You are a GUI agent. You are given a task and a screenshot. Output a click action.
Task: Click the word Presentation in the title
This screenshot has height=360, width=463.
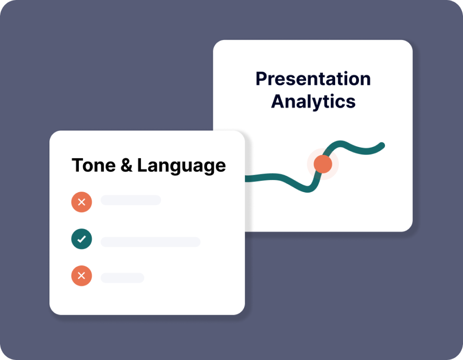tap(313, 79)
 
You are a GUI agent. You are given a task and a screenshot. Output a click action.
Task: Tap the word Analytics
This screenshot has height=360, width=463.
tap(313, 102)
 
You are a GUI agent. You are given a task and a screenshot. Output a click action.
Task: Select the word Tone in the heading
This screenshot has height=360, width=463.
tap(94, 165)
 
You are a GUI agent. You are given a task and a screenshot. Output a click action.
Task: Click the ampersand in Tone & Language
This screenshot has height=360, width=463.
tap(126, 165)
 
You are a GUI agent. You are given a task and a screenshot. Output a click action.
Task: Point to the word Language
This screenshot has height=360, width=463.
tap(181, 166)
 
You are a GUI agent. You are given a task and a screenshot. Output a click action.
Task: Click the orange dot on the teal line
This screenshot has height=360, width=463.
tap(323, 164)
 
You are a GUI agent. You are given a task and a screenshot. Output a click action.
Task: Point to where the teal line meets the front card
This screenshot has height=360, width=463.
tap(246, 179)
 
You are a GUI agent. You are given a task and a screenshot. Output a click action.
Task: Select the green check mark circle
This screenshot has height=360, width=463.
tap(82, 239)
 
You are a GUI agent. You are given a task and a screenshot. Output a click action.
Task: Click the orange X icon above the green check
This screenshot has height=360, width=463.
tap(82, 202)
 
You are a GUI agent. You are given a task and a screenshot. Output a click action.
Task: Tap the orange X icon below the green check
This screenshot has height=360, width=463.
tap(82, 276)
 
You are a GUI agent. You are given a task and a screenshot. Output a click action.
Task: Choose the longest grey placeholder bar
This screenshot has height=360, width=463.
tap(151, 242)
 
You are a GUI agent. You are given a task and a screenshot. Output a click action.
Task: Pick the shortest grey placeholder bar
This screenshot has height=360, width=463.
tap(122, 277)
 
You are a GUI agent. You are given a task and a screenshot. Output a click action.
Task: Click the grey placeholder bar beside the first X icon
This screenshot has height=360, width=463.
tap(131, 200)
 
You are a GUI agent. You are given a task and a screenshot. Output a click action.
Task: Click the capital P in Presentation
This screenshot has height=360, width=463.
tap(261, 79)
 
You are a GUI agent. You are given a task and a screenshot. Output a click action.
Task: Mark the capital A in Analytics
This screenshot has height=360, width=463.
tap(279, 102)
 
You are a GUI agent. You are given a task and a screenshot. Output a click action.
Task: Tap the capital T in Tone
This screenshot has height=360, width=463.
tap(78, 165)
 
